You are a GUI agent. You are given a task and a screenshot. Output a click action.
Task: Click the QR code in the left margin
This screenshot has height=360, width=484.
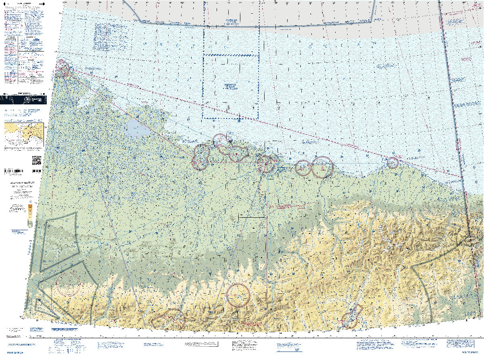tap(37, 160)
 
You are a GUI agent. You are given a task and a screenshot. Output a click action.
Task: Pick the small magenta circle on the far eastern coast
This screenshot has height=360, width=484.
tap(392, 162)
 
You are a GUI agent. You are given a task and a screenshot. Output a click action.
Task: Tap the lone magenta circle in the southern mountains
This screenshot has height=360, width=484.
tap(238, 295)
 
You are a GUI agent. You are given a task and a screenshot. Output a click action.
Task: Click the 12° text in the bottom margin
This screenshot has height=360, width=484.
tap(298, 350)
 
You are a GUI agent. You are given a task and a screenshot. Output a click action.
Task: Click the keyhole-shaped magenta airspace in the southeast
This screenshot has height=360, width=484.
tap(351, 318)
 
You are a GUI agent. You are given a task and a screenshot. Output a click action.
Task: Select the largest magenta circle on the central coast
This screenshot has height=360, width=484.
tap(322, 167)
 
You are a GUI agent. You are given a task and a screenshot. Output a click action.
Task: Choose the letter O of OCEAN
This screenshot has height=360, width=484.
tap(311, 47)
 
